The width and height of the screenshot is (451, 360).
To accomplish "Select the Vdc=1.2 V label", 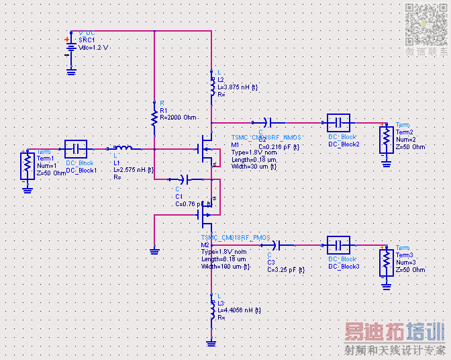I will (93, 48).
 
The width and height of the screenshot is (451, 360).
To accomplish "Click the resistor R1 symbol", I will (154, 118).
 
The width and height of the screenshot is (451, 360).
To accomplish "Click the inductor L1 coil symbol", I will (122, 148).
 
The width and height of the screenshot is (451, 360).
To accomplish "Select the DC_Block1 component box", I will (76, 148).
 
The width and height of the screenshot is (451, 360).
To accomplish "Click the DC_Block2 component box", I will (339, 123).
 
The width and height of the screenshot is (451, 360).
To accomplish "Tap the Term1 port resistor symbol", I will (27, 165).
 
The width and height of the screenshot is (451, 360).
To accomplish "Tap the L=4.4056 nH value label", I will (240, 310).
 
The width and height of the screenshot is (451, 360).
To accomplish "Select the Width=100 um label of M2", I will (225, 267).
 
